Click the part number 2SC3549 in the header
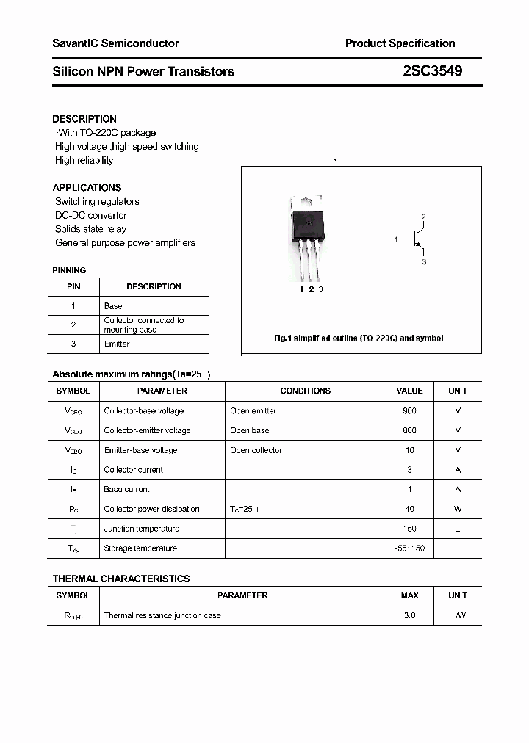tap(432, 71)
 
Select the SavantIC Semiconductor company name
tap(115, 43)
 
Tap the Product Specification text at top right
tap(400, 43)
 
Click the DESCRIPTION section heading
tap(84, 119)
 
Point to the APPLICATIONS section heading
tap(87, 187)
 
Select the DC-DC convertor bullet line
tap(90, 215)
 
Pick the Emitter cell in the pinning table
tap(117, 344)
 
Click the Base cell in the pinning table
tap(113, 305)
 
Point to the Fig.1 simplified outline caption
tap(359, 338)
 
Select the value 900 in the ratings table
tap(409, 411)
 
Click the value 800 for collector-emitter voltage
tap(409, 430)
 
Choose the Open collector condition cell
tap(256, 450)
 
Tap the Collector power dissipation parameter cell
tap(151, 509)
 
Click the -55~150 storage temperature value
tap(409, 548)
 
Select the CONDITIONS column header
tap(306, 391)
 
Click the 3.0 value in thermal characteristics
tap(409, 615)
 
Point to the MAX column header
tap(409, 595)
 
